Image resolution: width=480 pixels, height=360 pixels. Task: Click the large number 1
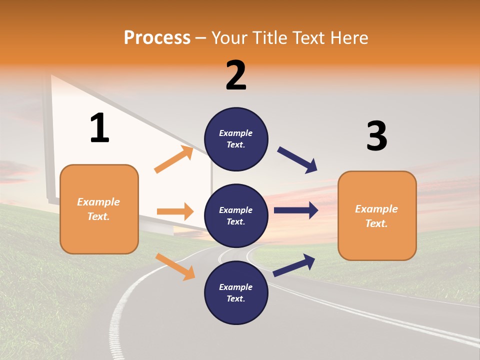[x=99, y=128]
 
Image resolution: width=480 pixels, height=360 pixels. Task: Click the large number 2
[x=236, y=75]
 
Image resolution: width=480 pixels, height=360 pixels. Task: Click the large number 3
[x=376, y=136]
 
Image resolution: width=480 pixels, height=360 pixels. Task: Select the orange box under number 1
[x=99, y=209]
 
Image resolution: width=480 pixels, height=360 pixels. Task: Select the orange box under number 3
[x=377, y=215]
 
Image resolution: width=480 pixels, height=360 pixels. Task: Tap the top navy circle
[x=236, y=139]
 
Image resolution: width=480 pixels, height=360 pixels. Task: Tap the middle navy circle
[x=236, y=215]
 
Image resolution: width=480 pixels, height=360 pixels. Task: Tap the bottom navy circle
[x=236, y=292]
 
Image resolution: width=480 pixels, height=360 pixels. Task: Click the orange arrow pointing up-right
[x=173, y=159]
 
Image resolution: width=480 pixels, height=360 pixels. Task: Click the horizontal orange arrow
[x=175, y=211]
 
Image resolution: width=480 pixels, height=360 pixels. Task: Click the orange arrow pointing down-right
[x=175, y=266]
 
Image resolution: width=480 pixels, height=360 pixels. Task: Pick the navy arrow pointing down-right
[x=297, y=160]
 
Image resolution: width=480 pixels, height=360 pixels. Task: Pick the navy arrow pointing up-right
[x=294, y=265]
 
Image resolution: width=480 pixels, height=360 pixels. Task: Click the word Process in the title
[x=157, y=37]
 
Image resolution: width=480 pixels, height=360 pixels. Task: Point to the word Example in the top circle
[x=236, y=133]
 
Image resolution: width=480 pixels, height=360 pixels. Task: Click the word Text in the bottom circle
[x=234, y=298]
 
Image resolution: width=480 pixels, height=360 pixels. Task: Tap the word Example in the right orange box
[x=376, y=209]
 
